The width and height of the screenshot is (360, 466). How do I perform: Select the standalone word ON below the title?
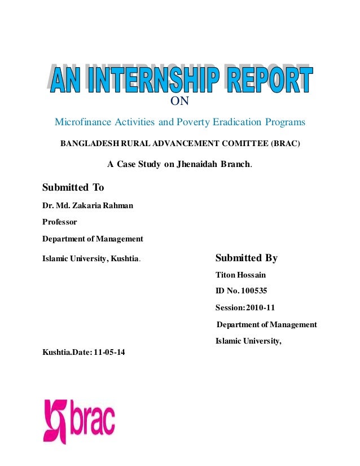(179, 102)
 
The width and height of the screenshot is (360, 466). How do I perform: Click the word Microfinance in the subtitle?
(80, 122)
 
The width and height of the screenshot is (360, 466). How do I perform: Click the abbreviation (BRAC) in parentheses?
(286, 144)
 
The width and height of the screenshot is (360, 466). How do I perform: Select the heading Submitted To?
(73, 187)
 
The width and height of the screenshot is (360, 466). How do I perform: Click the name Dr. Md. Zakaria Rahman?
(88, 205)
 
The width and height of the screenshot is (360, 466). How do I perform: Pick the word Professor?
(60, 222)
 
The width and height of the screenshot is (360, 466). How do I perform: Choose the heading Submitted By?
(247, 258)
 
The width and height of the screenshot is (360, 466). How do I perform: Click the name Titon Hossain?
(241, 275)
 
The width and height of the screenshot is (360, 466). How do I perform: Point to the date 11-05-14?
(110, 353)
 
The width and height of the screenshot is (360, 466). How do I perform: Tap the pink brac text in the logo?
(93, 418)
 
